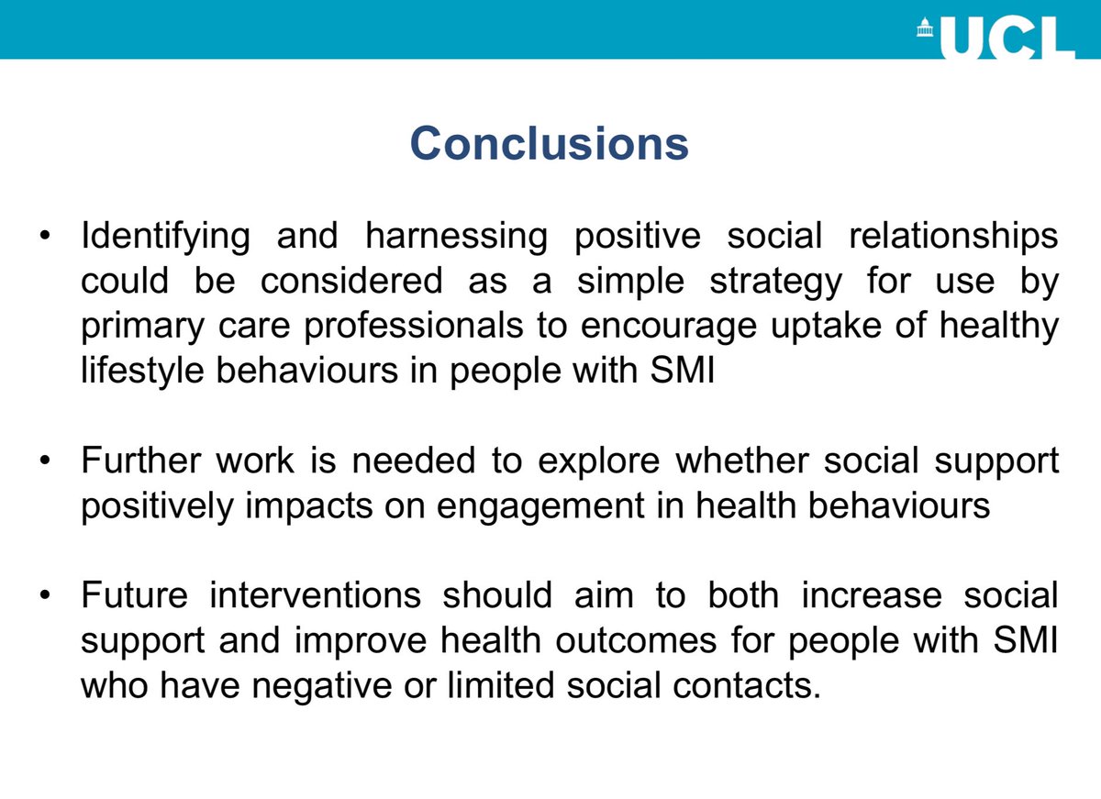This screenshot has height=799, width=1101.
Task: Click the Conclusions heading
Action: (x=549, y=143)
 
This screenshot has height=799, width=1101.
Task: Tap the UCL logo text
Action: (x=1005, y=38)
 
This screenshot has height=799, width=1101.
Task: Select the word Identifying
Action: (x=165, y=238)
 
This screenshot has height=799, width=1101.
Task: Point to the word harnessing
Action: (x=455, y=238)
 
